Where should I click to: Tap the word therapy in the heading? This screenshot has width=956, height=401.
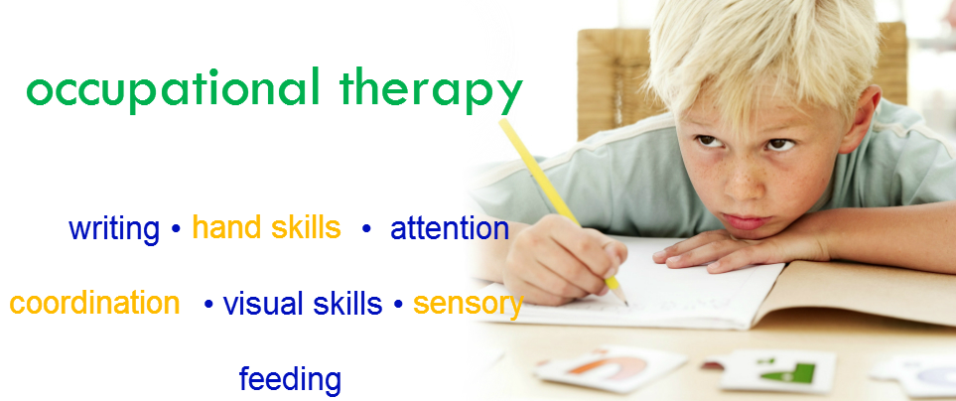432,89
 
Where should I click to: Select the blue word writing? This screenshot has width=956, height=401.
114,229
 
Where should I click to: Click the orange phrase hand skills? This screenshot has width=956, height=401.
266,227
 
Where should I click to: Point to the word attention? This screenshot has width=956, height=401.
450,228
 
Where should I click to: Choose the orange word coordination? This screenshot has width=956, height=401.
94,303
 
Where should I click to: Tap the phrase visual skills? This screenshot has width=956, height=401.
303,304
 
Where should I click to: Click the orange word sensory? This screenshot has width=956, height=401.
469,305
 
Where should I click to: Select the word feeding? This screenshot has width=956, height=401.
290,379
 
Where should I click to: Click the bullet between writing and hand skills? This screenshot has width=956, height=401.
176,229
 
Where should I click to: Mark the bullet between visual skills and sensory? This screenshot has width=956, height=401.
398,304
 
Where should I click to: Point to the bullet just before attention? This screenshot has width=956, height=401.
366,229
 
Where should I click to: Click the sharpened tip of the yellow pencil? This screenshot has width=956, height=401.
626,303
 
